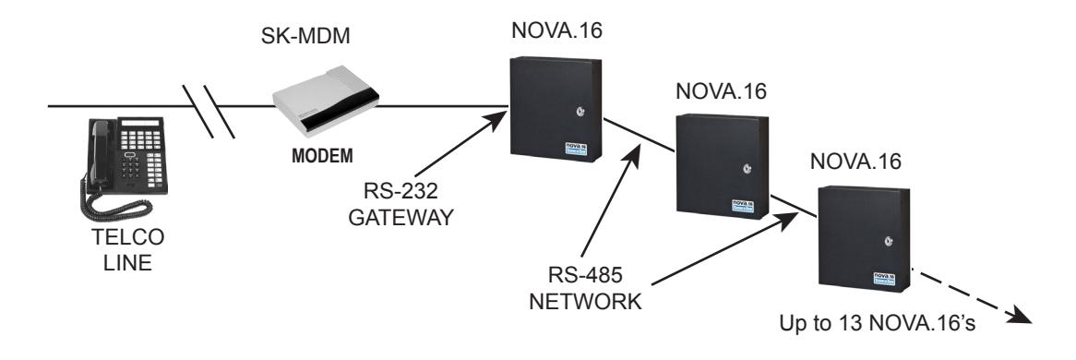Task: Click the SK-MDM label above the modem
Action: (305, 36)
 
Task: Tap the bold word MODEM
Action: (323, 157)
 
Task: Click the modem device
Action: (325, 102)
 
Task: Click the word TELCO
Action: (128, 238)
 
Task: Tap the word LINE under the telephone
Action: (128, 263)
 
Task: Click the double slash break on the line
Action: (209, 112)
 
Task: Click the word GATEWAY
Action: (401, 218)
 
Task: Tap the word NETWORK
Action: (585, 301)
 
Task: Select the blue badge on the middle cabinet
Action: (743, 206)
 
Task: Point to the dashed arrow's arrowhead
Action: (1020, 316)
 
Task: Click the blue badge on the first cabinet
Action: (576, 150)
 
